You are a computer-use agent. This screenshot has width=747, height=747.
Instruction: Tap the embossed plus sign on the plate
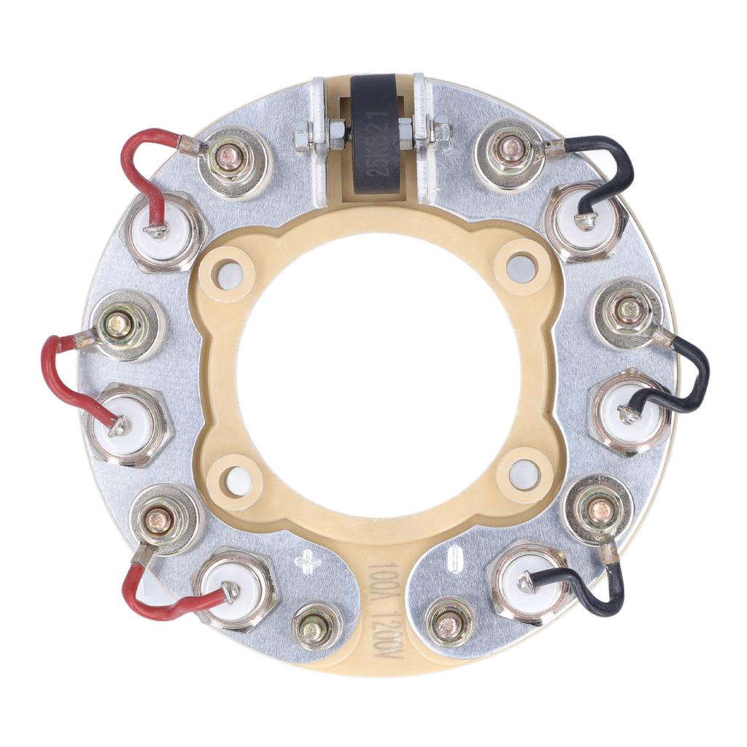[x=307, y=562]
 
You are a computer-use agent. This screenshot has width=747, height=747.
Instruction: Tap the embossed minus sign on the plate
[x=454, y=560]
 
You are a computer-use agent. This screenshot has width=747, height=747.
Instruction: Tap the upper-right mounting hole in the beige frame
[x=520, y=266]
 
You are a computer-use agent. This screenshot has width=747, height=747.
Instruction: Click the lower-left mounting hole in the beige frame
[x=239, y=481]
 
